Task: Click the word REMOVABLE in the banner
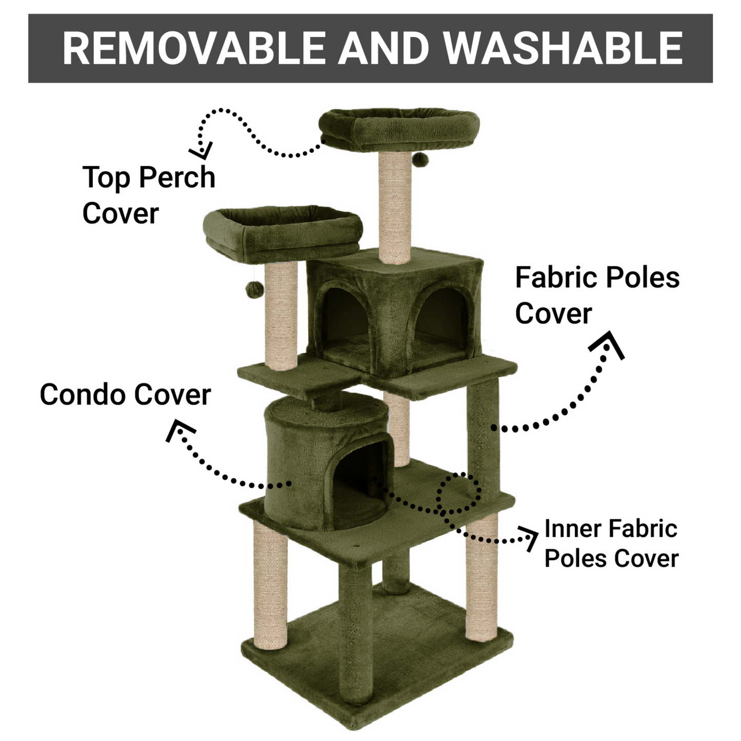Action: (x=194, y=48)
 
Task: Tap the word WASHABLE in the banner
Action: (x=563, y=48)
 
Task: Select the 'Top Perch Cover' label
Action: (x=149, y=195)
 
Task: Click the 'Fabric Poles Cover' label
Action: (x=597, y=295)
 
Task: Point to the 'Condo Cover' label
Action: (x=125, y=394)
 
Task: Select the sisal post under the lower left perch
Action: (x=281, y=315)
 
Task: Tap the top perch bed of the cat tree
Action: (x=399, y=130)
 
